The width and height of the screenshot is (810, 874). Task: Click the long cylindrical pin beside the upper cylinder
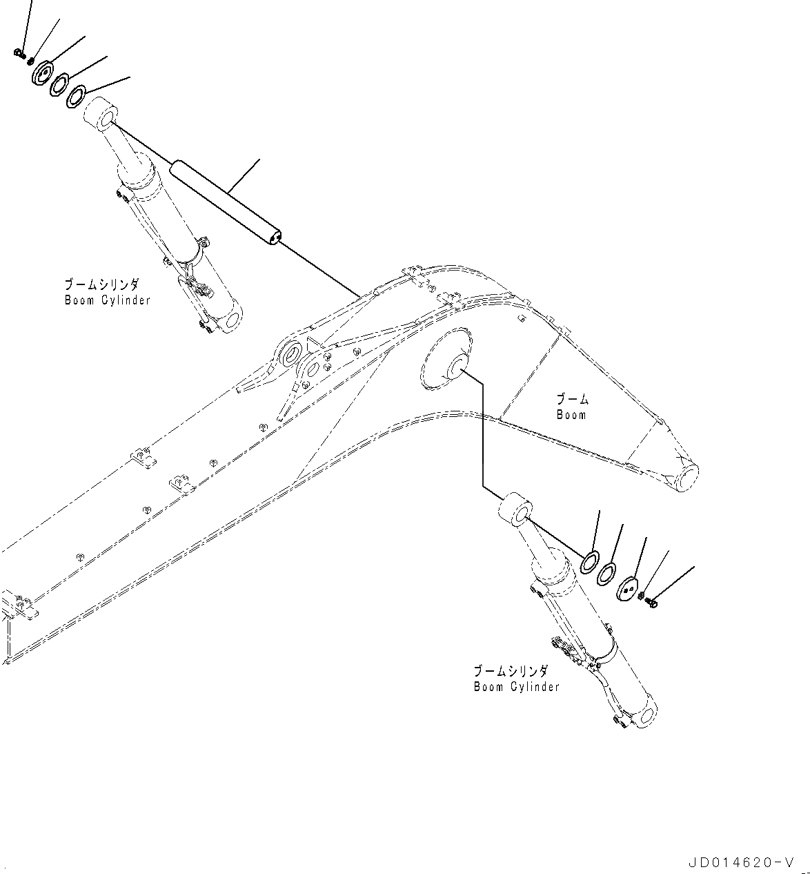[226, 201]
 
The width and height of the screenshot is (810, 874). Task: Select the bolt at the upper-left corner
[19, 52]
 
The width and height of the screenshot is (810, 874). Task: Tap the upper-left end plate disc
[43, 73]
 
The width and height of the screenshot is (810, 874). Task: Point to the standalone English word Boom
[571, 415]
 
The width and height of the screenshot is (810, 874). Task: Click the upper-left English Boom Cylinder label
[107, 300]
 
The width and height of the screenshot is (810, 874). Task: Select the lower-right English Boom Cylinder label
[516, 687]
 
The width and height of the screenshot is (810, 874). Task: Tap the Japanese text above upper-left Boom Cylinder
[102, 284]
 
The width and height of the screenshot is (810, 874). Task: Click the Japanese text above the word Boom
[573, 399]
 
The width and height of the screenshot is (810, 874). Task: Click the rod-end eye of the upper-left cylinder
[102, 114]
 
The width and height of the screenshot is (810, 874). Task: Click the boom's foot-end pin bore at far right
[683, 478]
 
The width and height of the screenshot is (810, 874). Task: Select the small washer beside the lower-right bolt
[642, 595]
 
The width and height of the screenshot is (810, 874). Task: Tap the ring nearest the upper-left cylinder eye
[77, 97]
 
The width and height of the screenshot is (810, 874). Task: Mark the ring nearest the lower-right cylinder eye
[589, 563]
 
